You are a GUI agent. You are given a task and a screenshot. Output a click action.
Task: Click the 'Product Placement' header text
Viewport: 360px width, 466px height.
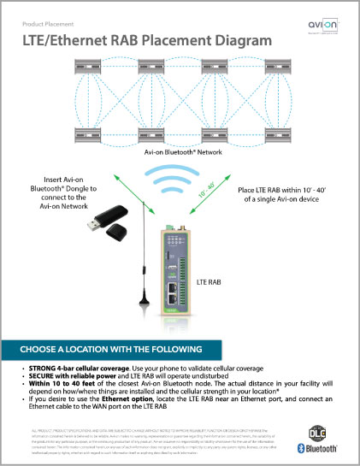point(44,23)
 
